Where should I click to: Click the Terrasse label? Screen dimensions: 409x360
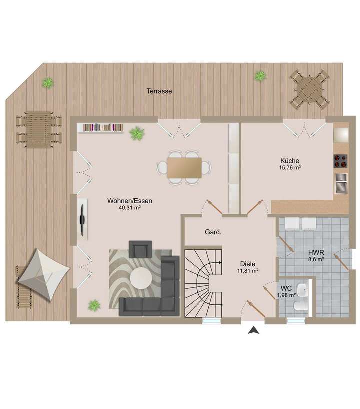pos(159,91)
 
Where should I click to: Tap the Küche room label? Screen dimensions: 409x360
pos(290,161)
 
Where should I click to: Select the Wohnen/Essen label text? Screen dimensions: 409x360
pos(130,201)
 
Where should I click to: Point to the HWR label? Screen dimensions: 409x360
pos(315,252)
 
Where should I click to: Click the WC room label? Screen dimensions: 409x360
pos(286,288)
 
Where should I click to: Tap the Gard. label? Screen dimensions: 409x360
pos(213,232)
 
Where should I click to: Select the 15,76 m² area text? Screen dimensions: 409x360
pos(290,168)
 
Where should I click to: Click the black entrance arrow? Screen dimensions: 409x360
pos(254,330)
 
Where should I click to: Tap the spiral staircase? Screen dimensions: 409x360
pos(203,283)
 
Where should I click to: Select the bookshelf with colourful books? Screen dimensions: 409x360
pos(103,128)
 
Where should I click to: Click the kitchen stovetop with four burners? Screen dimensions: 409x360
pos(341,161)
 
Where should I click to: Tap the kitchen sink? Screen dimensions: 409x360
pos(341,183)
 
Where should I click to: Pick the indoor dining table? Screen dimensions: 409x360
pos(184,168)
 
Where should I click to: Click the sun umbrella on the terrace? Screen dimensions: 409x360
pos(44,274)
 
